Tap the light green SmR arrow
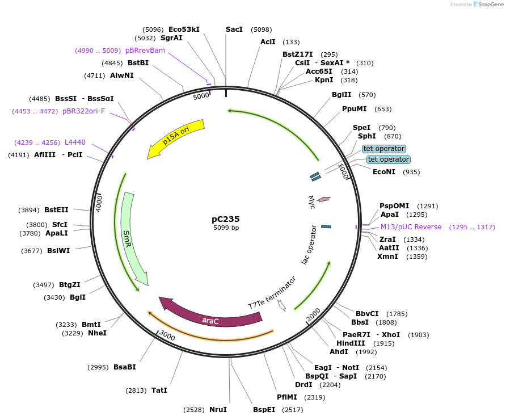tap(133, 238)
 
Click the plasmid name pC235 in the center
tap(226, 219)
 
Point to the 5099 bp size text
tap(226, 228)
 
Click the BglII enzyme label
tap(341, 95)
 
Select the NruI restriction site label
tap(218, 409)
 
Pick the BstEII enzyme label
tap(56, 209)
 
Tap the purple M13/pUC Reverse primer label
tap(411, 227)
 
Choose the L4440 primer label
tap(75, 142)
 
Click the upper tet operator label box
tap(384, 149)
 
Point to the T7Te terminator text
tap(272, 292)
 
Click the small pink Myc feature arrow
tap(324, 199)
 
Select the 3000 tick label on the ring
tap(167, 335)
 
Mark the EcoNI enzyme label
tap(384, 171)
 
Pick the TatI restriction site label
tap(159, 390)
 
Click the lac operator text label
tap(310, 244)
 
